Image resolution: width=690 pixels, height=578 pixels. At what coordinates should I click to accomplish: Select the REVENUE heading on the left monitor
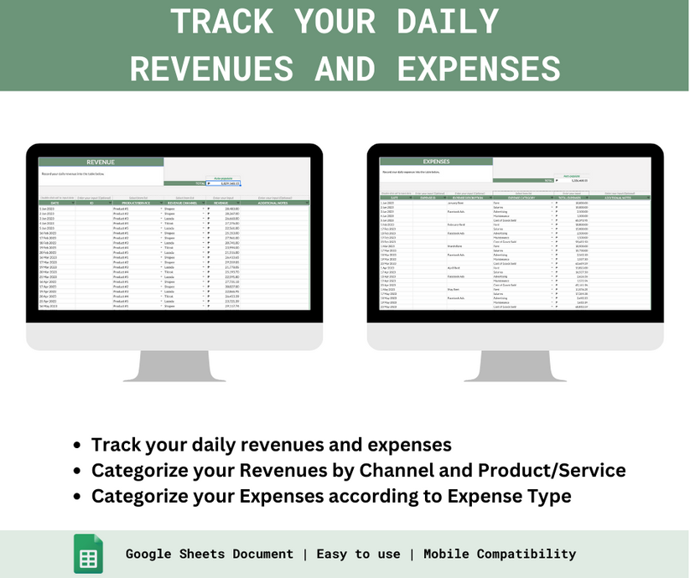[x=101, y=163]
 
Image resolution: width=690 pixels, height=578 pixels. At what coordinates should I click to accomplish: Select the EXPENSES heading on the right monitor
[x=437, y=162]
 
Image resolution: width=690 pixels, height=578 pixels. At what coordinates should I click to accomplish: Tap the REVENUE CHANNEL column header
[x=184, y=202]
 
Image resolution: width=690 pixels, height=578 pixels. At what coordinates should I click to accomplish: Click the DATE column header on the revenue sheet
[x=55, y=202]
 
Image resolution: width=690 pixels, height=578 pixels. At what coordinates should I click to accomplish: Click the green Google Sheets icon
[x=88, y=553]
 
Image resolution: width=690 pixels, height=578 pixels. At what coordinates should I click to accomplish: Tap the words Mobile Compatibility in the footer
[x=500, y=554]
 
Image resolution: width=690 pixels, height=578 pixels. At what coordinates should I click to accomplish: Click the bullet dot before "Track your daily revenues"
[x=77, y=446]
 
